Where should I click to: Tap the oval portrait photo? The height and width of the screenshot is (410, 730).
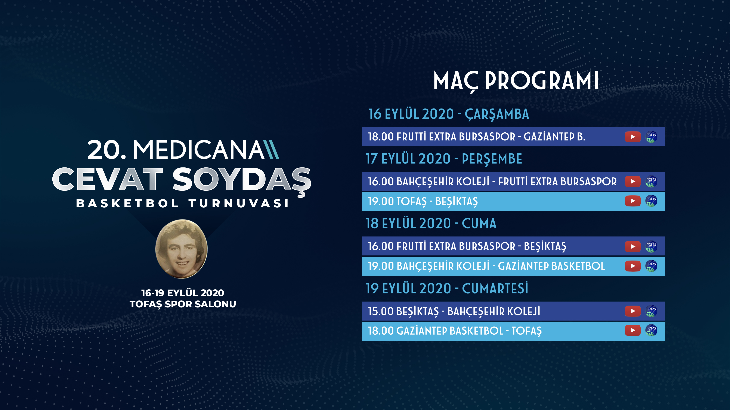tap(181, 249)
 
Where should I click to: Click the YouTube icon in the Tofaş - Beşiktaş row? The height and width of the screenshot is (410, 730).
tap(633, 201)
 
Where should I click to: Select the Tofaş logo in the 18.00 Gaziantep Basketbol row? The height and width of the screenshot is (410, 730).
tap(651, 330)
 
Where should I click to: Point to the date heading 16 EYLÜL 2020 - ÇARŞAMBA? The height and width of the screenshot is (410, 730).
tap(449, 114)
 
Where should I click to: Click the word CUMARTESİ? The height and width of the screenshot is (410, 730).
tap(495, 288)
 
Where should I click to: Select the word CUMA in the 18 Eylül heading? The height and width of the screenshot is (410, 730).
tap(479, 224)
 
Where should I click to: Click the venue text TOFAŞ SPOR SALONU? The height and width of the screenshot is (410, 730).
tap(183, 304)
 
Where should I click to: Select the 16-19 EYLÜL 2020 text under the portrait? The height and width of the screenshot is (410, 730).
tap(183, 293)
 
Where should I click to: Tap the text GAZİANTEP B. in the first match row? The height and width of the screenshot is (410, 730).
tap(554, 137)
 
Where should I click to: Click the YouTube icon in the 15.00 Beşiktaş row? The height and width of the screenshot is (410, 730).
tap(633, 311)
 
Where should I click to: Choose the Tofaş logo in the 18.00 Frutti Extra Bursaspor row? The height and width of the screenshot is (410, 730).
tap(651, 137)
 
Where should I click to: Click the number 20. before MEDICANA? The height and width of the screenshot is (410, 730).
tap(106, 150)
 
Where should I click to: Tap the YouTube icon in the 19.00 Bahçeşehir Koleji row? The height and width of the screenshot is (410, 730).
tap(633, 266)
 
